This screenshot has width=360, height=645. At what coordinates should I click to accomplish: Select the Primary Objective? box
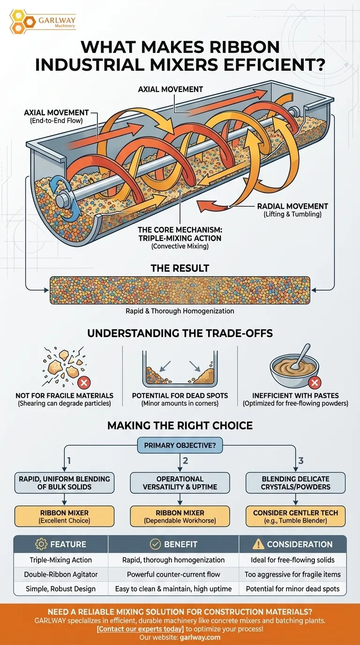coord(180,446)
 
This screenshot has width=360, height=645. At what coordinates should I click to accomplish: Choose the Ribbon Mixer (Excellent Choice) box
coord(65,516)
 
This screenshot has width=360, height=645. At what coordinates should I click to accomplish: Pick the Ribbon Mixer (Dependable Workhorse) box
coord(180,516)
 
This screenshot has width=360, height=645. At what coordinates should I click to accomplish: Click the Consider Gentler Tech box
coord(295,516)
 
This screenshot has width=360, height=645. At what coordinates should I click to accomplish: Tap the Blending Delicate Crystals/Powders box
coord(295,483)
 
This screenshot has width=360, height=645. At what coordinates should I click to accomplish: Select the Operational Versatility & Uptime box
coord(180,483)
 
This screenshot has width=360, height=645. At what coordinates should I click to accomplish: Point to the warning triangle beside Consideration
coord(258,544)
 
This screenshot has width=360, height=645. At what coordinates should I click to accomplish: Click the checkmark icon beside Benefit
coord(155,544)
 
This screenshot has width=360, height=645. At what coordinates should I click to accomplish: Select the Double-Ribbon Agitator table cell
coord(61,574)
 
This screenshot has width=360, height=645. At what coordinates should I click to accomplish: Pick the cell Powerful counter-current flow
coord(174,574)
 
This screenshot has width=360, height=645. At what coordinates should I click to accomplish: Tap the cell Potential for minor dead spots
coord(292,588)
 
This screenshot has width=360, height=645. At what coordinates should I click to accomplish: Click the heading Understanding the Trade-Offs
coord(180,334)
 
